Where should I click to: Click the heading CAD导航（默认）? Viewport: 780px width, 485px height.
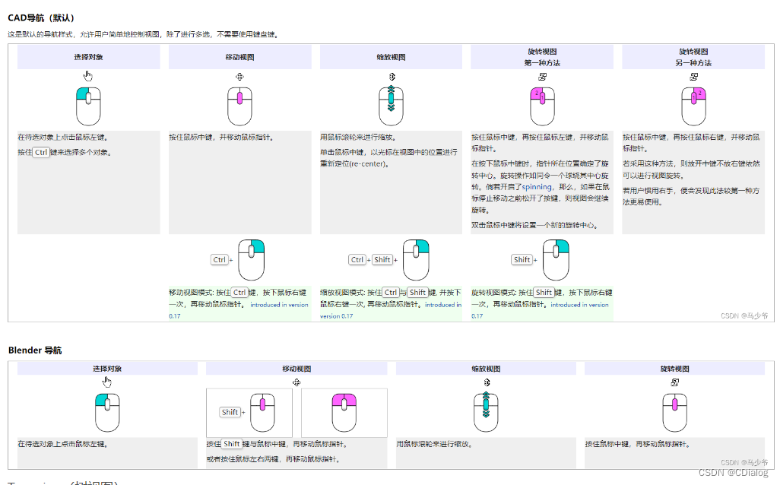pyautogui.click(x=41, y=17)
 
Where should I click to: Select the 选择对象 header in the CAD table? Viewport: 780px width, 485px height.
pyautogui.click(x=88, y=57)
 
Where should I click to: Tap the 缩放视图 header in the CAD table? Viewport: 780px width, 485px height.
pyautogui.click(x=391, y=57)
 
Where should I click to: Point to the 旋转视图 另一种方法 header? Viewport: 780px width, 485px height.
pyautogui.click(x=693, y=57)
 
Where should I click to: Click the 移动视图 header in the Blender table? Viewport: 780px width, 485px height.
pyautogui.click(x=296, y=369)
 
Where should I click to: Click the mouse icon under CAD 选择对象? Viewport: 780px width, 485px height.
pyautogui.click(x=88, y=106)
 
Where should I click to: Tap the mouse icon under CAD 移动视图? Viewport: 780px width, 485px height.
pyautogui.click(x=239, y=106)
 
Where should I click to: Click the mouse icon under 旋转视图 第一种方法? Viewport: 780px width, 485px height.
pyautogui.click(x=542, y=106)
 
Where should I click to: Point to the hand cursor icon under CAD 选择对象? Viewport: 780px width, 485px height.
pyautogui.click(x=88, y=75)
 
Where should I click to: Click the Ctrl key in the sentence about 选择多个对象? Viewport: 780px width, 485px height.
pyautogui.click(x=41, y=152)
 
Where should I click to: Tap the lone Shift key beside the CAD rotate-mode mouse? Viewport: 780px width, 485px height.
pyautogui.click(x=522, y=260)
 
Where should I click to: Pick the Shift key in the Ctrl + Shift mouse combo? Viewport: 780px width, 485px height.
pyautogui.click(x=382, y=260)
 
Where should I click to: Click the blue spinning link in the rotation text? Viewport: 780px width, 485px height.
pyautogui.click(x=537, y=186)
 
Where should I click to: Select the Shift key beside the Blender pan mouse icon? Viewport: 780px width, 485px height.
pyautogui.click(x=230, y=412)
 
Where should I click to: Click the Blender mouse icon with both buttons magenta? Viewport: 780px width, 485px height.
pyautogui.click(x=344, y=412)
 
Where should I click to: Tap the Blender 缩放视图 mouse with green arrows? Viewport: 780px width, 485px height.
pyautogui.click(x=487, y=411)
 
